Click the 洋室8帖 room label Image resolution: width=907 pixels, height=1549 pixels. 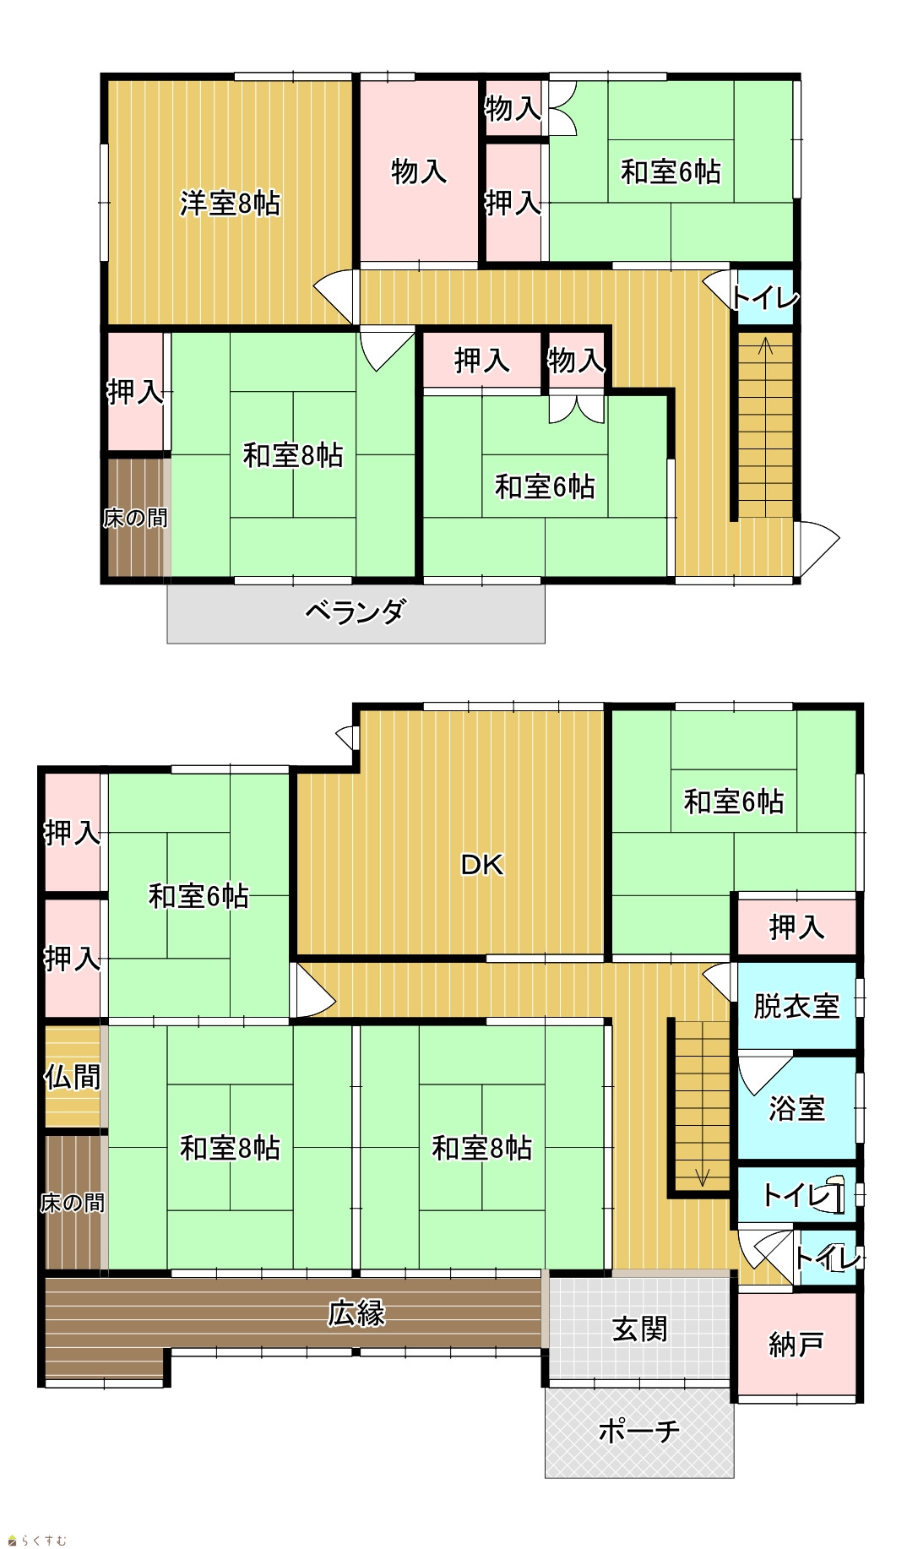(x=230, y=204)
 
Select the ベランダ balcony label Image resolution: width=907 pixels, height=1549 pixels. (x=356, y=611)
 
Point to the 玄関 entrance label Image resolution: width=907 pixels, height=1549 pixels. (x=639, y=1329)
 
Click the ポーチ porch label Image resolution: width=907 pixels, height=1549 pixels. (x=638, y=1431)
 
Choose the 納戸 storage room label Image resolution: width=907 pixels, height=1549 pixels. (x=796, y=1344)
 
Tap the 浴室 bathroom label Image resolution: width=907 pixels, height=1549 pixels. (x=796, y=1107)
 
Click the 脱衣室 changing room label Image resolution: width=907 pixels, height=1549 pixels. (x=796, y=1006)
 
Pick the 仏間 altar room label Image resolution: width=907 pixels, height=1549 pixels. (x=73, y=1077)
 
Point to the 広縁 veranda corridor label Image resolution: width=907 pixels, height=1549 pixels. (x=356, y=1313)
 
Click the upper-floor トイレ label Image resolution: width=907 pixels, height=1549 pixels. (x=764, y=298)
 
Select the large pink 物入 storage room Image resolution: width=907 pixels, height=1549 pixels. (x=419, y=171)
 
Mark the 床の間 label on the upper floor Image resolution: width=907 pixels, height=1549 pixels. (x=135, y=518)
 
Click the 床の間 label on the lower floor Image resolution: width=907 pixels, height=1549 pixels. (x=73, y=1202)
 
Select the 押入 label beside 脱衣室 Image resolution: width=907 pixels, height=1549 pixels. (x=796, y=927)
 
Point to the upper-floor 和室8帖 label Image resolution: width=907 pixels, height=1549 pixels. (x=293, y=455)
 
